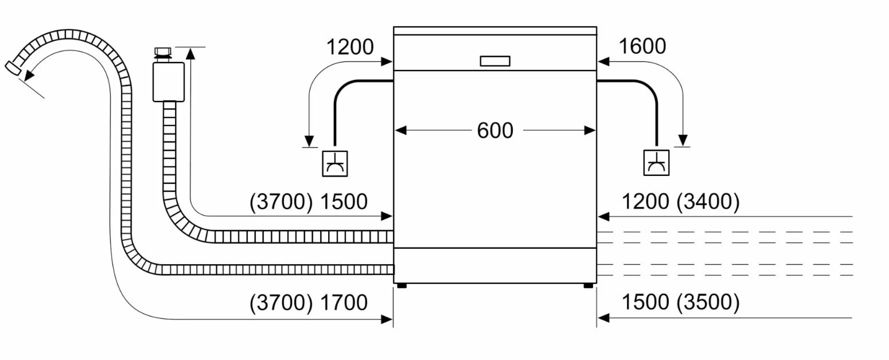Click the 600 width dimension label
click(495, 131)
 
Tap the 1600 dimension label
click(642, 46)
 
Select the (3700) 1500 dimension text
click(309, 201)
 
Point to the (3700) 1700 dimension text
click(309, 303)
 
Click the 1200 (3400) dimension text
click(681, 201)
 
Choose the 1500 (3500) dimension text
click(681, 302)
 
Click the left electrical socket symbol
click(334, 163)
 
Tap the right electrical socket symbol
click(656, 163)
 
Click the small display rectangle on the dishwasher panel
click(495, 61)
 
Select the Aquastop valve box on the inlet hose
click(169, 81)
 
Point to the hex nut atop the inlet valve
click(163, 52)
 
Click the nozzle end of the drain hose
click(14, 68)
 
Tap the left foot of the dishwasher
click(401, 285)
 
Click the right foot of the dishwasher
click(588, 285)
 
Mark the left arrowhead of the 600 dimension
click(401, 131)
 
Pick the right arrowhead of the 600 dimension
click(590, 131)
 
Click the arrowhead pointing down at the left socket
click(309, 141)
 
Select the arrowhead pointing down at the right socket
click(683, 141)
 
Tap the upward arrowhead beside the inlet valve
click(190, 53)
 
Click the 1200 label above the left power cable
click(350, 47)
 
